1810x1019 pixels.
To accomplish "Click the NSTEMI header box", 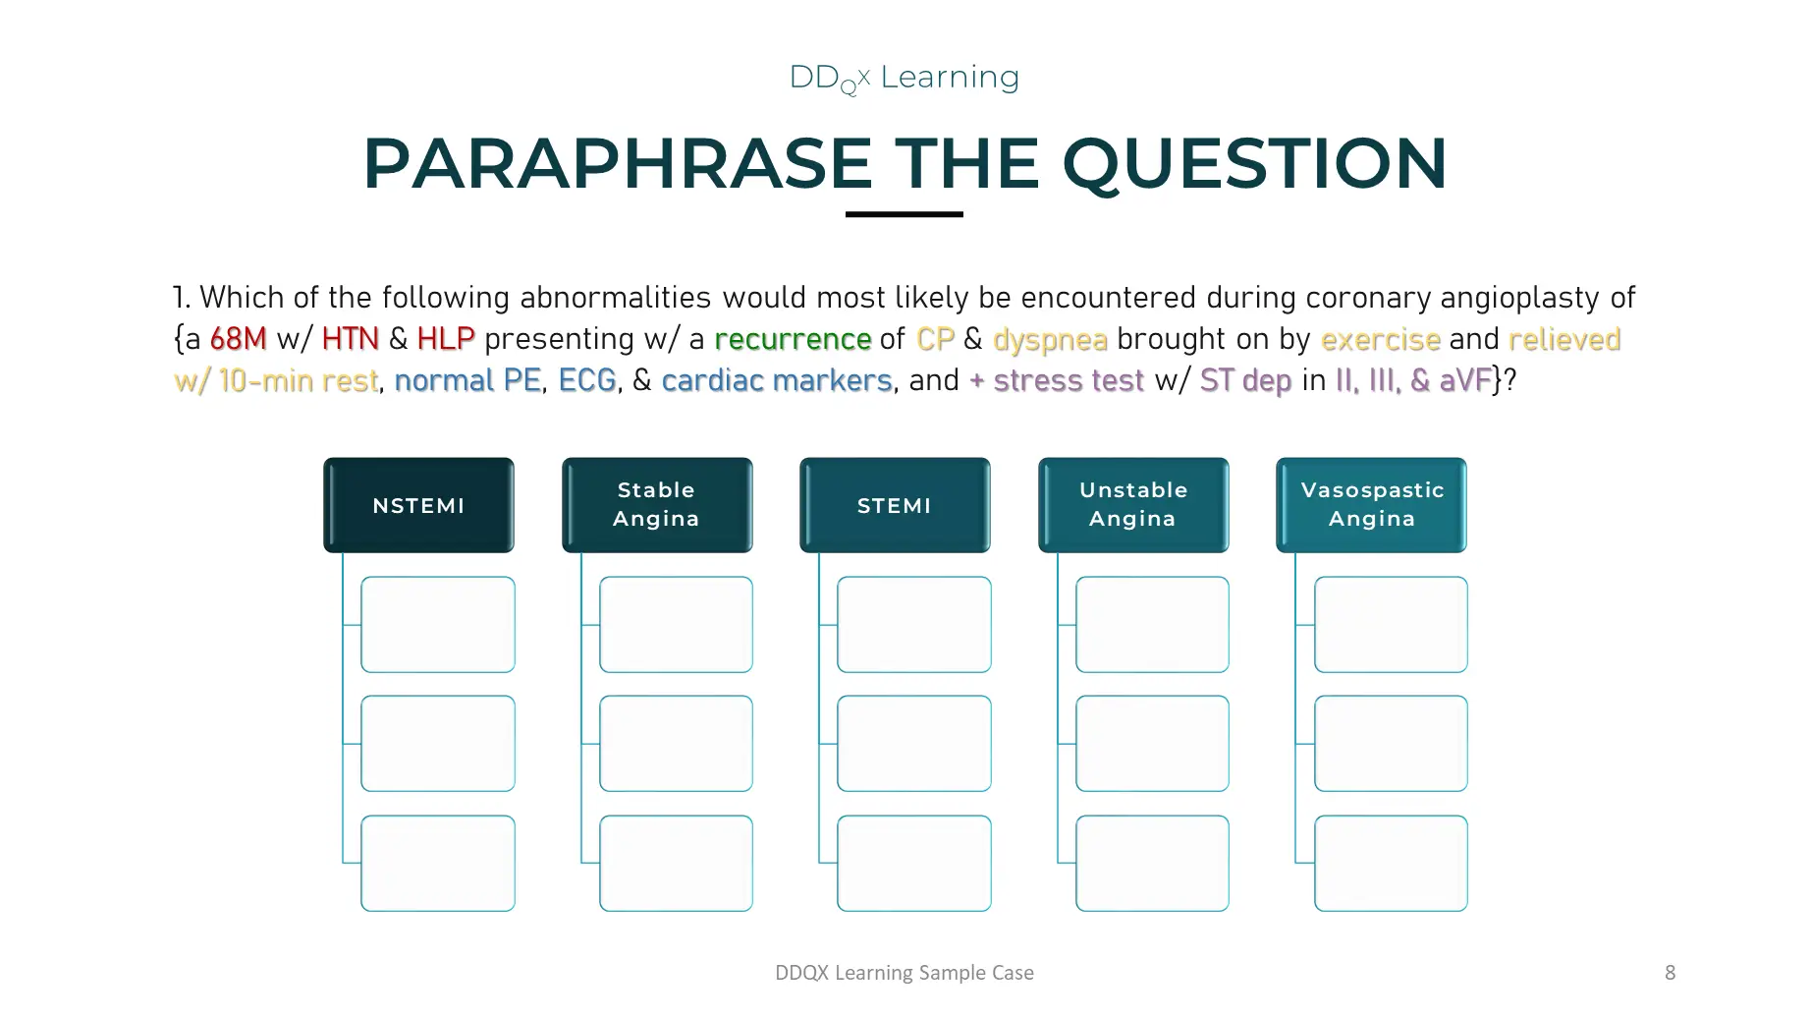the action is [418, 505].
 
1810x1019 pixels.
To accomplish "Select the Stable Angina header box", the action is [657, 505].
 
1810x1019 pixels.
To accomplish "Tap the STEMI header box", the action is [895, 505].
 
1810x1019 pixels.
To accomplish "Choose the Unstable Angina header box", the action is [1133, 505].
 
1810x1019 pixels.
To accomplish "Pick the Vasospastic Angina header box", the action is [1371, 505].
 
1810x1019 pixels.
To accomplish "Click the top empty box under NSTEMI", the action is [438, 625].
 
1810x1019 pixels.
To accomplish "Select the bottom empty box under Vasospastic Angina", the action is [1391, 864].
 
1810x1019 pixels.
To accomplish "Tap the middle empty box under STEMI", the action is [914, 744].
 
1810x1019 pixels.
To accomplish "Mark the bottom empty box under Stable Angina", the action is [677, 864].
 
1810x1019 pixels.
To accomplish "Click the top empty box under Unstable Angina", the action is [1153, 625].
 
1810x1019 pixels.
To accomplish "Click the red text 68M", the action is [239, 339].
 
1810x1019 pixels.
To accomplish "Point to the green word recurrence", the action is [793, 339].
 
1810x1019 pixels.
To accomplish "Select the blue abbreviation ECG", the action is [587, 380].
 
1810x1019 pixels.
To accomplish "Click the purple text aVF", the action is [1465, 380].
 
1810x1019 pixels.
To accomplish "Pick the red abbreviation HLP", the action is [446, 339].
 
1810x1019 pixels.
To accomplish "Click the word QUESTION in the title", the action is [1254, 163].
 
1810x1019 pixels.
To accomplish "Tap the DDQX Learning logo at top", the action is [905, 78].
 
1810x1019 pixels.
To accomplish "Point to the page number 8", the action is [1670, 973].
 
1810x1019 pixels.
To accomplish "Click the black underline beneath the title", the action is [905, 214].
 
